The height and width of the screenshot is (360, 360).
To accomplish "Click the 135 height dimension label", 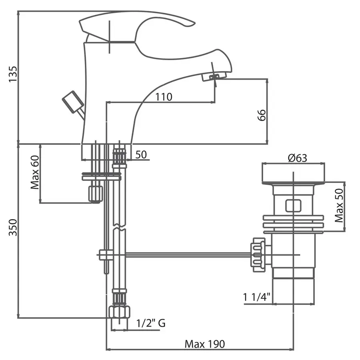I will coord(13,74).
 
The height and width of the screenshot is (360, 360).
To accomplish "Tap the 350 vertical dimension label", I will coord(13,227).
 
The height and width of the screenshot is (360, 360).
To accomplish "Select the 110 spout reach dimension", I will coord(164,97).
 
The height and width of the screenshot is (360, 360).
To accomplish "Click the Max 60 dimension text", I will coord(35,172).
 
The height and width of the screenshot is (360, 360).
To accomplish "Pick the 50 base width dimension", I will coord(140,155).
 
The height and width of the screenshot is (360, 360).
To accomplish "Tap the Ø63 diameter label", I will coord(297,158).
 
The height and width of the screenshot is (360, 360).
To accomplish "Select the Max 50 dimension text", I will coord(339,206).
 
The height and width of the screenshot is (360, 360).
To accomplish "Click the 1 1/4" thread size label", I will coord(257,297).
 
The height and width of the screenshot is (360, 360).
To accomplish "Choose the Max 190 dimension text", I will coord(205,344).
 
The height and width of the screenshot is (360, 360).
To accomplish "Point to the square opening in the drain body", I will coord(293,206).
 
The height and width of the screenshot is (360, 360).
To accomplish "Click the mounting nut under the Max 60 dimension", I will coord(96,194).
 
